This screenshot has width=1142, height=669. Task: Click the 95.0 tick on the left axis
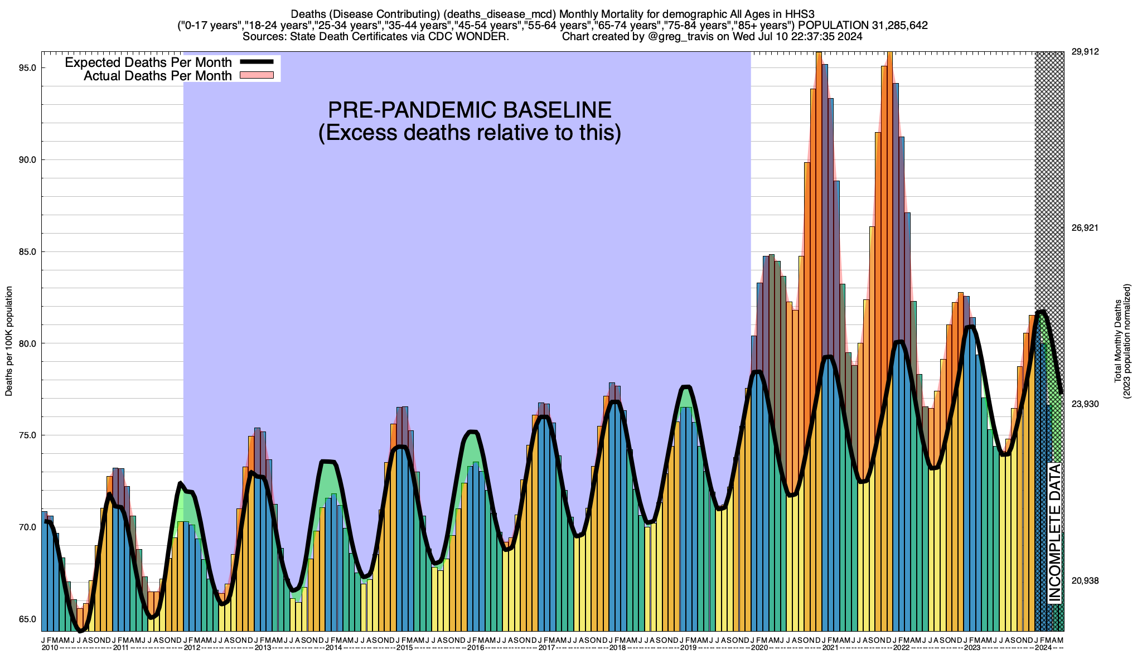28,68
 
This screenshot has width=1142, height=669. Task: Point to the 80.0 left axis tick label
28,343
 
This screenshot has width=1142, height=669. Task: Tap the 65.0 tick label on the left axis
28,619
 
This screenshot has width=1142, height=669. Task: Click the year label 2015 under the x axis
404,648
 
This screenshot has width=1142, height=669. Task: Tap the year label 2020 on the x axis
759,648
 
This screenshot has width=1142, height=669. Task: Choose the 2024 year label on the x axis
1043,648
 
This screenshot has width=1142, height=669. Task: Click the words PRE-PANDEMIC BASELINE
470,110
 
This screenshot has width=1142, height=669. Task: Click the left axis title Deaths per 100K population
9,341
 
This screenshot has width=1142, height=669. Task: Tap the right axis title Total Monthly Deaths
1117,341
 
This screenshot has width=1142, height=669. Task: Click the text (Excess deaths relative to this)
470,133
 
